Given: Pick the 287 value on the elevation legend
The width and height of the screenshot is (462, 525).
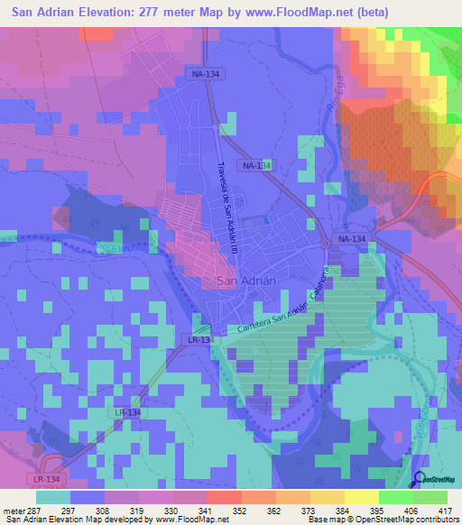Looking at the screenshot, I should coord(32,510).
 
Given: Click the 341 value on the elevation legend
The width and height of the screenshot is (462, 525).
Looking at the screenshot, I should coord(207,510).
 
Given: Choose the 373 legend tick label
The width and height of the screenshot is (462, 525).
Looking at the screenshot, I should coord(310,510).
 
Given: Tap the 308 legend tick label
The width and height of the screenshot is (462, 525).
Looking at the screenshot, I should coord(104,510).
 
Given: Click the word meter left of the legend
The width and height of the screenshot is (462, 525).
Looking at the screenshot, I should coord(12,510).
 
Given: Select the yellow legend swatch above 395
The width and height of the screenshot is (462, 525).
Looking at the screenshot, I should coord(362,497).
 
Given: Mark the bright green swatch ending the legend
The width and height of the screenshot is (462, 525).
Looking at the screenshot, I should coord(430,497).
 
